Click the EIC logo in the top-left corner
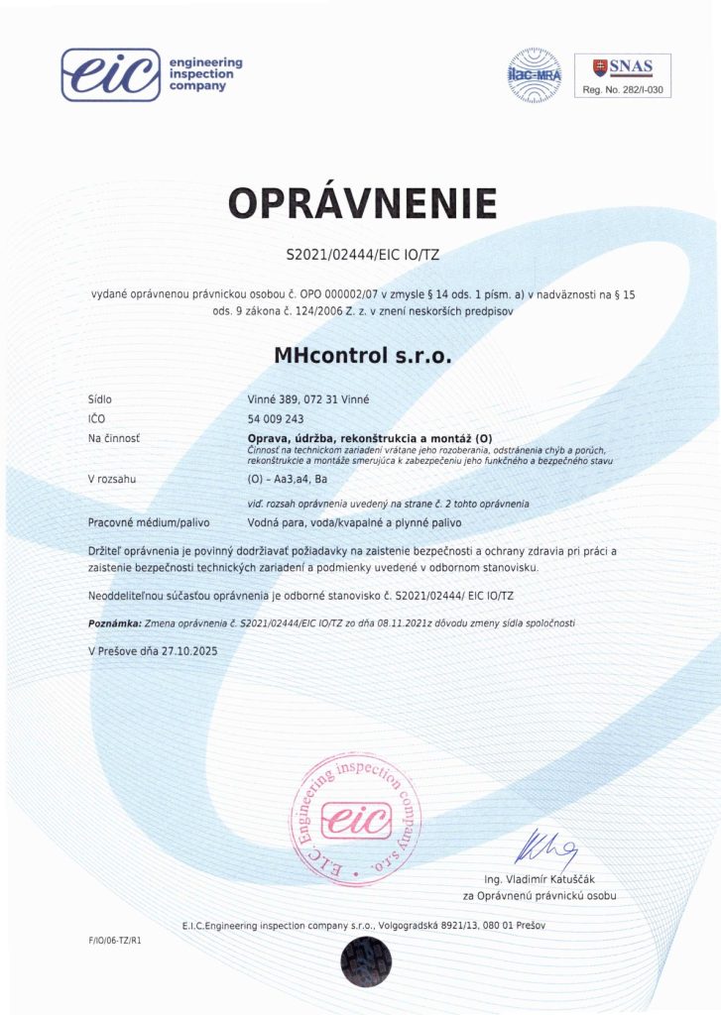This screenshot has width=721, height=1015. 110,74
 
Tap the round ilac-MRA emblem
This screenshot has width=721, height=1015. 536,73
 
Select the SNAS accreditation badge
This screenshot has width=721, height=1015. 623,67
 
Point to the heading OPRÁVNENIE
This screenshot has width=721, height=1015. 362,202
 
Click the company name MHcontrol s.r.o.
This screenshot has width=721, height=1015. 361,354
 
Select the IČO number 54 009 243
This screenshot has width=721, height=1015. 276,418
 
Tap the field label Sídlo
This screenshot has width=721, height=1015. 100,398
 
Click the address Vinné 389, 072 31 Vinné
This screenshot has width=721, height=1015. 307,398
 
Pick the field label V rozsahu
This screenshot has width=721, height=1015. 112,479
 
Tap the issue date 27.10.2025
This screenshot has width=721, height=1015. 183,651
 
